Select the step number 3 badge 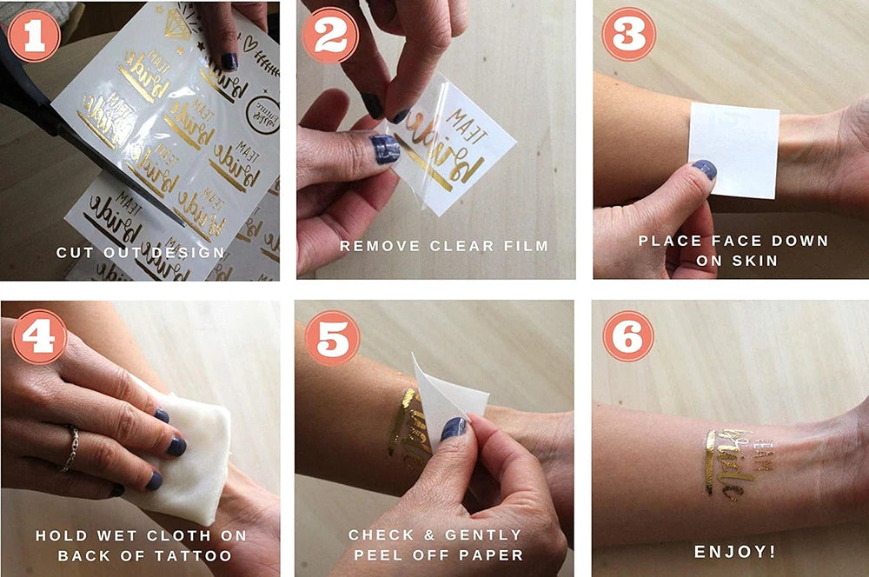click(x=628, y=35)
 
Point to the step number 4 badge click(x=38, y=335)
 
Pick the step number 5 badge click(x=332, y=335)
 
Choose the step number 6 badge click(x=628, y=335)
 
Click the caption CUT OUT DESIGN click(x=140, y=253)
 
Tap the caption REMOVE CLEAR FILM click(x=443, y=246)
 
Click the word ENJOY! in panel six click(x=734, y=551)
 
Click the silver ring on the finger click(x=70, y=448)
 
